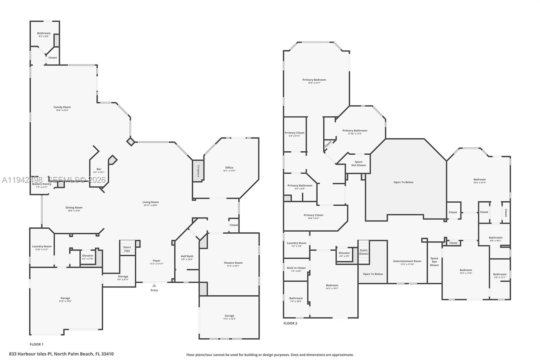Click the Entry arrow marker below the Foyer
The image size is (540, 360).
tap(154, 286)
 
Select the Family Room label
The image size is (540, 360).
tap(62, 107)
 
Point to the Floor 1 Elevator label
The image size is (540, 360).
tap(88, 256)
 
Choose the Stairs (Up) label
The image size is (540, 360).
tap(127, 249)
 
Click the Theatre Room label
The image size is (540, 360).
tap(233, 263)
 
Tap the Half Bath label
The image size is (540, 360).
tap(187, 256)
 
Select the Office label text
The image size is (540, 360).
tap(229, 168)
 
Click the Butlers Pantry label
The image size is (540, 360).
tap(42, 184)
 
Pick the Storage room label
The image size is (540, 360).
tap(123, 277)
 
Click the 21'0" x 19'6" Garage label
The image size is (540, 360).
tap(65, 299)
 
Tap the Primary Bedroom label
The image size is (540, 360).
tap(314, 80)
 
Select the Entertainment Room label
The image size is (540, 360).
tap(407, 261)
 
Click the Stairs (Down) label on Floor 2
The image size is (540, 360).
tap(363, 252)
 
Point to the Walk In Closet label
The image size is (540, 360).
tap(296, 268)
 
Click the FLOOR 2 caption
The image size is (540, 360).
tap(290, 324)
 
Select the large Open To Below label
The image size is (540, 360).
tap(403, 182)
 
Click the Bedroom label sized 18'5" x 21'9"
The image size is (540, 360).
tap(479, 180)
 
